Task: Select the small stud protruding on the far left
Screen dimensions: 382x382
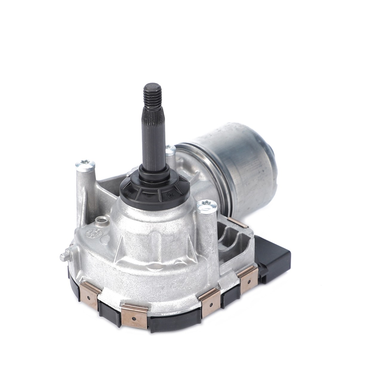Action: click(x=63, y=256)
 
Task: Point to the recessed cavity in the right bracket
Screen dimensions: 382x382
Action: click(x=231, y=239)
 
